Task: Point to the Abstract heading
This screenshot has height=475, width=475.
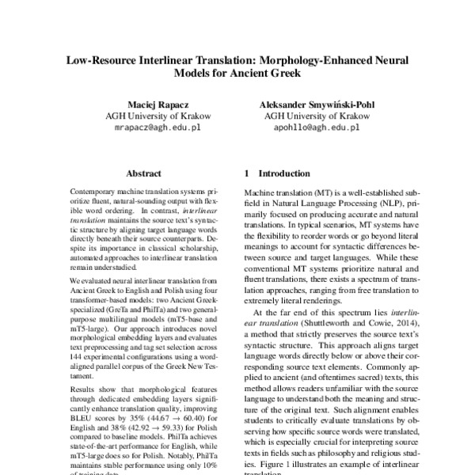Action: (x=142, y=171)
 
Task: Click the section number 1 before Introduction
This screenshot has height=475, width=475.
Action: (x=247, y=172)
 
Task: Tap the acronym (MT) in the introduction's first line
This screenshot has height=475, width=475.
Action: (x=329, y=193)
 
